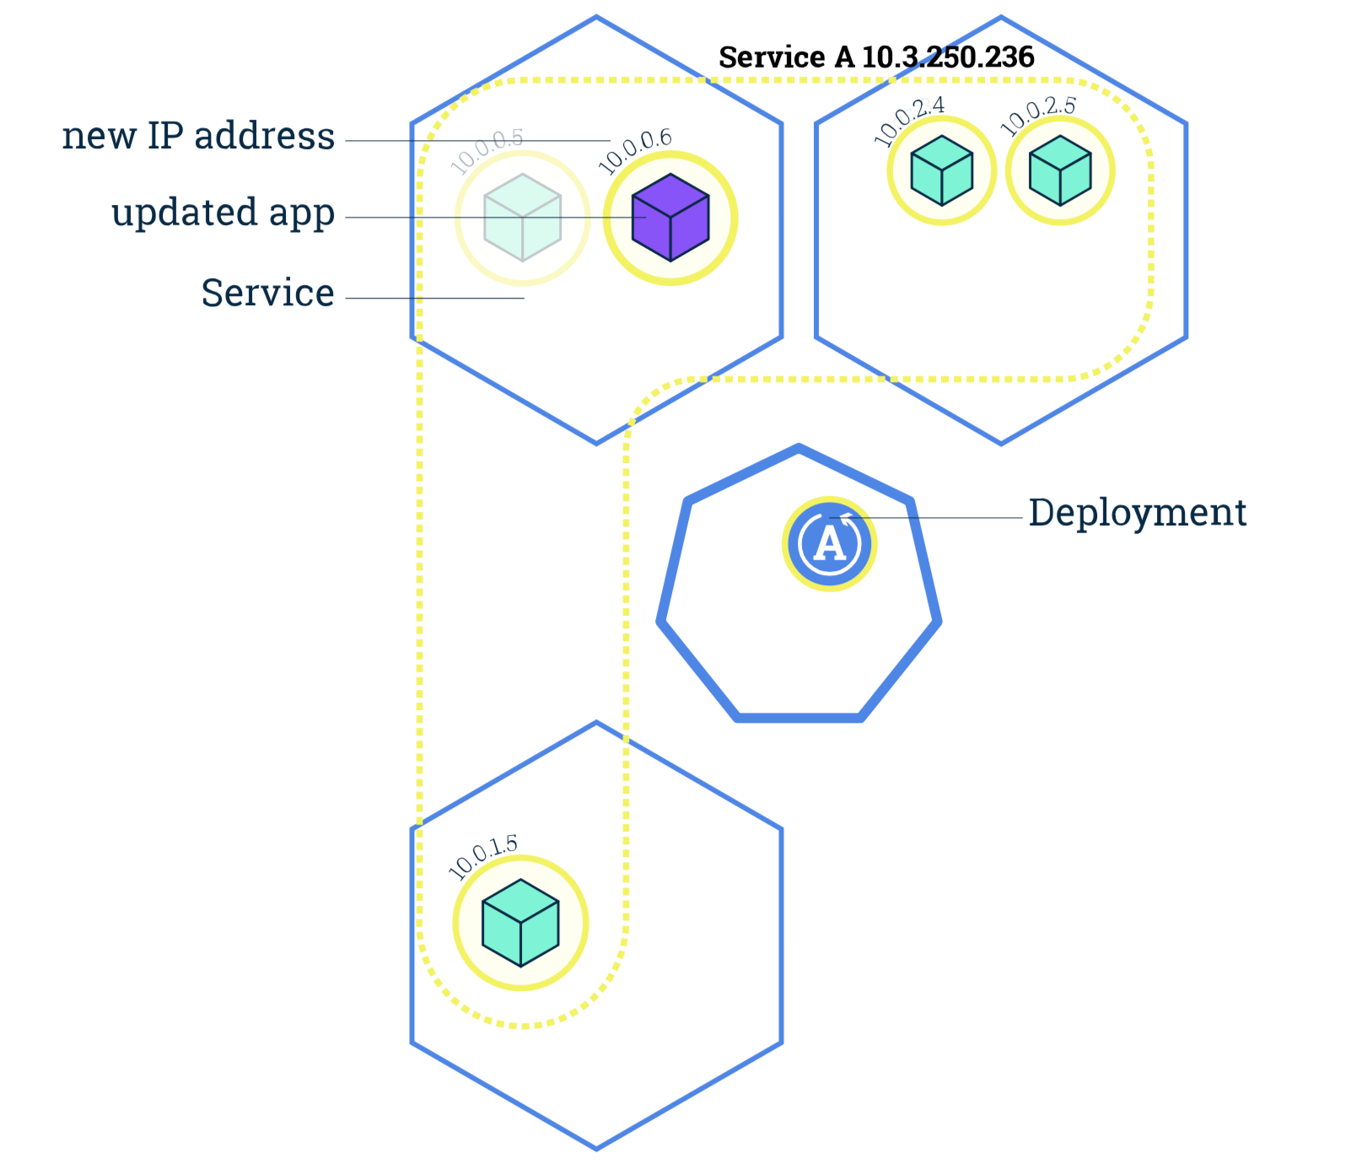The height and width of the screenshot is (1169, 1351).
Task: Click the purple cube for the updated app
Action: pyautogui.click(x=670, y=218)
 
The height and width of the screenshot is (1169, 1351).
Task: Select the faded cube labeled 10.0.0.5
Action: pyautogui.click(x=522, y=218)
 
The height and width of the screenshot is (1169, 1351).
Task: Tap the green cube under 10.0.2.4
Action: pyautogui.click(x=941, y=170)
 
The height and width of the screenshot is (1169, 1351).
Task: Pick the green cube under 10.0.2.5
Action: pyautogui.click(x=1060, y=170)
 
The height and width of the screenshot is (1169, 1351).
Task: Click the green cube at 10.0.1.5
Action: pyautogui.click(x=520, y=923)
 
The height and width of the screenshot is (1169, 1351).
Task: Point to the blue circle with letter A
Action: pyautogui.click(x=830, y=544)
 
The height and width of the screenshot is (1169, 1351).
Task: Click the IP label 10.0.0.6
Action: pyautogui.click(x=635, y=152)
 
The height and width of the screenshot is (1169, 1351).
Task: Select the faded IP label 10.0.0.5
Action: pyautogui.click(x=487, y=152)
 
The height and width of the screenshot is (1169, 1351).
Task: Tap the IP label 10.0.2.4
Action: pyautogui.click(x=909, y=121)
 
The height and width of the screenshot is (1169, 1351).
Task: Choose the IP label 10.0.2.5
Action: pyautogui.click(x=1037, y=116)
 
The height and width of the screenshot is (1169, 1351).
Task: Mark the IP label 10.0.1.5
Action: pyautogui.click(x=482, y=856)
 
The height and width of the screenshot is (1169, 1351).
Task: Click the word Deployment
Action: pyautogui.click(x=1137, y=513)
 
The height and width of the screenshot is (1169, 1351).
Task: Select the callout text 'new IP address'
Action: pyautogui.click(x=198, y=137)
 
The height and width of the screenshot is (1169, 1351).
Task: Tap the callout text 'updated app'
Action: pyautogui.click(x=223, y=213)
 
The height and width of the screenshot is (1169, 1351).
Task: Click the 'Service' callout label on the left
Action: pyautogui.click(x=267, y=294)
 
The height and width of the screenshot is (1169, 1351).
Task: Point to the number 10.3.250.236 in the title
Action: pyautogui.click(x=948, y=57)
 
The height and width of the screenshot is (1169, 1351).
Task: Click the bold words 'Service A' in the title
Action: pyautogui.click(x=786, y=57)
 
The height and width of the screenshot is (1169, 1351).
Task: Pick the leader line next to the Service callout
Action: pyautogui.click(x=434, y=298)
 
